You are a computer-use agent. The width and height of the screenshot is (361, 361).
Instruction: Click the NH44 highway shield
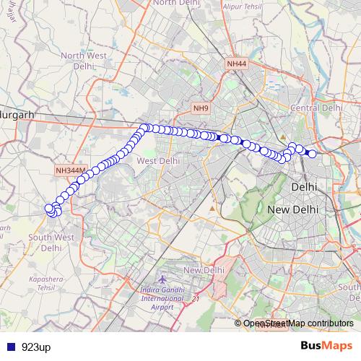236,64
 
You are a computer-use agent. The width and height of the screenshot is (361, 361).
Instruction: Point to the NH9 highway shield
201,108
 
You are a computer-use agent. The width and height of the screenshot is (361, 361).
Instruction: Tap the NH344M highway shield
71,170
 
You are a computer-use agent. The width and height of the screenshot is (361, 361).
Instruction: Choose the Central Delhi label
315,108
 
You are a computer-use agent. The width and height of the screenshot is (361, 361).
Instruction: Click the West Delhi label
158,160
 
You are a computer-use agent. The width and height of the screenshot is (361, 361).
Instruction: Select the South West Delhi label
51,242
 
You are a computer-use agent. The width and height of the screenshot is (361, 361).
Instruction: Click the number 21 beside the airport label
195,297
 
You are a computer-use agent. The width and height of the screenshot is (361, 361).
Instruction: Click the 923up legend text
36,347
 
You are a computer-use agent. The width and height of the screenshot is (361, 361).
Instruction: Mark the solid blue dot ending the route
313,153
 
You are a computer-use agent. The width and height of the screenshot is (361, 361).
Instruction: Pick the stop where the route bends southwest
144,128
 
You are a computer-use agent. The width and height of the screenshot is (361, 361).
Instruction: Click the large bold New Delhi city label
294,209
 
